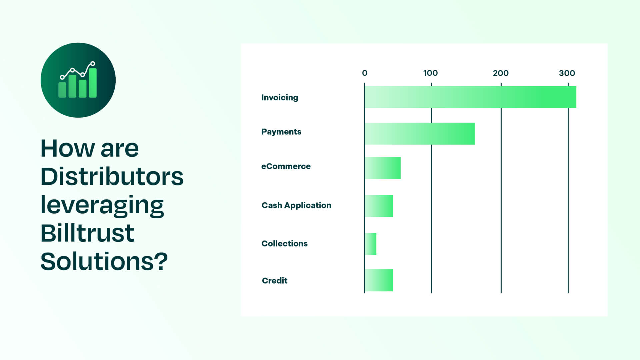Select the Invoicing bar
tap(470, 97)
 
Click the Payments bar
tap(419, 134)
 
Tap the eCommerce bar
tap(383, 168)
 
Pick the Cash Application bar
tap(379, 206)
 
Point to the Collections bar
tap(371, 244)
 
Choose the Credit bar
tap(379, 280)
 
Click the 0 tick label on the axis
tap(365, 73)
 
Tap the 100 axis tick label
tap(430, 73)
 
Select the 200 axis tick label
tap(501, 73)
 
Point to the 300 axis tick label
tap(567, 73)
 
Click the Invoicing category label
tap(280, 98)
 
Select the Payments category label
tap(281, 132)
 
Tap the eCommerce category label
tap(286, 166)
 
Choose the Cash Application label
tap(296, 205)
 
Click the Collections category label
tap(284, 244)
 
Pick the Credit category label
tap(275, 281)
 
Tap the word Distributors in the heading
tap(112, 176)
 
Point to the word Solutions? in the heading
tap(104, 261)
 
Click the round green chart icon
tap(78, 80)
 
